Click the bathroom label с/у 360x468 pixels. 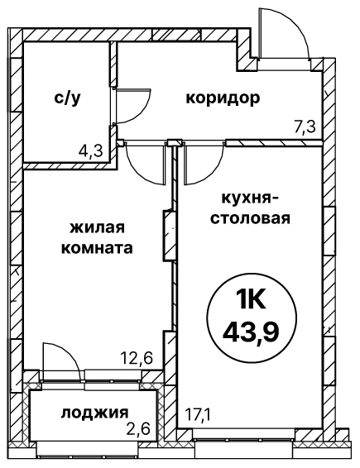(67, 98)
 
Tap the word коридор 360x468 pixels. (223, 98)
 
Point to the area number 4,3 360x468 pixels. (91, 150)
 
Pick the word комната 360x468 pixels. (97, 248)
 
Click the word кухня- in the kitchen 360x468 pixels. (248, 198)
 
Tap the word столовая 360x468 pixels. (251, 218)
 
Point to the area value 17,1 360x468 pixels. (199, 415)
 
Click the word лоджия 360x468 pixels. (95, 413)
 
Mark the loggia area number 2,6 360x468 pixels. (137, 429)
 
